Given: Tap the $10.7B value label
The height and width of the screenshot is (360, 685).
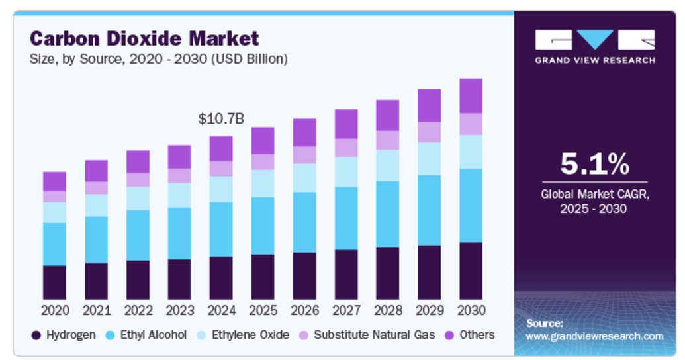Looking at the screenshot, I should click(221, 119).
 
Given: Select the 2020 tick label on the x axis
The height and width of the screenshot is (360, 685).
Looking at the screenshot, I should click(54, 310).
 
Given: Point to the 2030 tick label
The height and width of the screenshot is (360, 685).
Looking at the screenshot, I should click(471, 310).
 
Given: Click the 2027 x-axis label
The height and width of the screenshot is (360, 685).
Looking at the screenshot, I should click(346, 310).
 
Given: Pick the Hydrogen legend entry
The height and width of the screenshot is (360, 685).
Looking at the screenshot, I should click(64, 335).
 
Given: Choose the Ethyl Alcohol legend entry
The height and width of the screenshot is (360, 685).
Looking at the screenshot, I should click(146, 335).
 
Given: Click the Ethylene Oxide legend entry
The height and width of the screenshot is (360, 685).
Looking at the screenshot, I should click(243, 335).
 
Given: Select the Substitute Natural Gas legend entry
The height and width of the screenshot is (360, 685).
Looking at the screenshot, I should click(367, 335).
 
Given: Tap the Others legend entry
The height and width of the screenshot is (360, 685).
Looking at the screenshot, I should click(470, 335).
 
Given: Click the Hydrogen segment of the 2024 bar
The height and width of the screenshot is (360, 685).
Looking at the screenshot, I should click(221, 278).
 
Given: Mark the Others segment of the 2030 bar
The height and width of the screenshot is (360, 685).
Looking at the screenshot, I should click(471, 96).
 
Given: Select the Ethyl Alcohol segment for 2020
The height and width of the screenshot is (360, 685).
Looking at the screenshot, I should click(54, 244).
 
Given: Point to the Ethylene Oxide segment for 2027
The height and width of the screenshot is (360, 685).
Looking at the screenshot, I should click(346, 171).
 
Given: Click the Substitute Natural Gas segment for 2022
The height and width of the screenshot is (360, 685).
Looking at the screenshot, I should click(138, 180).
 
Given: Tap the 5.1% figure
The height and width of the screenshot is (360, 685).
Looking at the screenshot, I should click(594, 163).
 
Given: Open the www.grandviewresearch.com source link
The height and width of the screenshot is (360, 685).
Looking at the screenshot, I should click(594, 336).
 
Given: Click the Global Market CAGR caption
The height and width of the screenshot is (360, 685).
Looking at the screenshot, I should click(594, 201).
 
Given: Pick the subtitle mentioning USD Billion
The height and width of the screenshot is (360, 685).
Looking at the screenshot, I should click(159, 59).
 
